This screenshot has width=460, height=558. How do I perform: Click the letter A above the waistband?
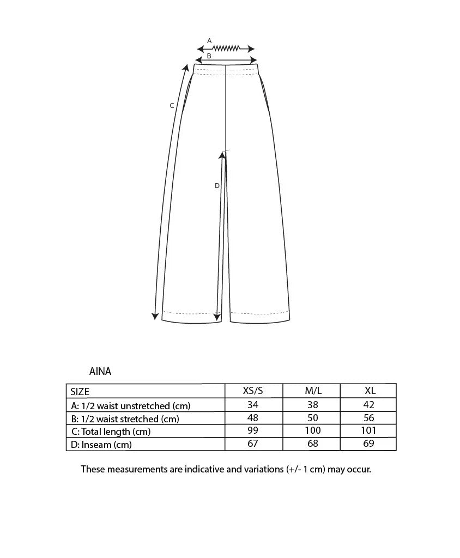click(x=209, y=40)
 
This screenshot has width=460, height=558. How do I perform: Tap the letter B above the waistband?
click(x=209, y=56)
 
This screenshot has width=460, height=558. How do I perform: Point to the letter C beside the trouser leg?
click(x=172, y=106)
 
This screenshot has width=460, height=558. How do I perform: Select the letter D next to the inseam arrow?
click(x=216, y=186)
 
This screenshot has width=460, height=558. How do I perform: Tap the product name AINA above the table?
click(x=100, y=372)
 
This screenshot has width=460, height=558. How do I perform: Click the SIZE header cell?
click(x=80, y=391)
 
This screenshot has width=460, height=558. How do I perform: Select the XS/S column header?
click(x=253, y=391)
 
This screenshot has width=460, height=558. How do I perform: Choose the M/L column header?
click(x=312, y=391)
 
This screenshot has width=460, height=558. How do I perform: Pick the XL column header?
click(x=370, y=391)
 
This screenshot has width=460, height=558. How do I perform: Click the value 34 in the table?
click(x=252, y=405)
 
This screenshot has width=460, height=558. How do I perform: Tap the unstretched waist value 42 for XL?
click(x=370, y=405)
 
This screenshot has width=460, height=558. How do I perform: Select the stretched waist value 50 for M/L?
click(x=312, y=418)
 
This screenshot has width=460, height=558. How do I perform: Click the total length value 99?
click(x=252, y=430)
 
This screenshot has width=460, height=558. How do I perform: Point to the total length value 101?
click(x=369, y=430)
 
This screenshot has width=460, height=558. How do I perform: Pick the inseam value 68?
click(x=312, y=444)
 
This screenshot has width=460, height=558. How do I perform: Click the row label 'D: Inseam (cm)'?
click(x=101, y=445)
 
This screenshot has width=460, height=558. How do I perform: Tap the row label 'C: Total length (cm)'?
click(x=111, y=432)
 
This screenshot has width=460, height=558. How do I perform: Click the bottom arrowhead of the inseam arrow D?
click(x=217, y=317)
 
